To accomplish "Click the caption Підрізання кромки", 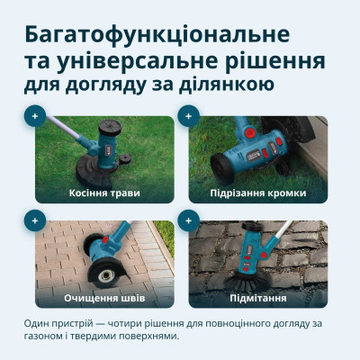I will (256, 193).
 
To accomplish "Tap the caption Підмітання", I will (256, 297).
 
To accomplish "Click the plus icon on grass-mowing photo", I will (34, 116).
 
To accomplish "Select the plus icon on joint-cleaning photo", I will (34, 220).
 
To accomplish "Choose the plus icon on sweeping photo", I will (188, 220).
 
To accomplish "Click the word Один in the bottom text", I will (40, 323).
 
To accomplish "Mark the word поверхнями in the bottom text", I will (148, 337).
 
